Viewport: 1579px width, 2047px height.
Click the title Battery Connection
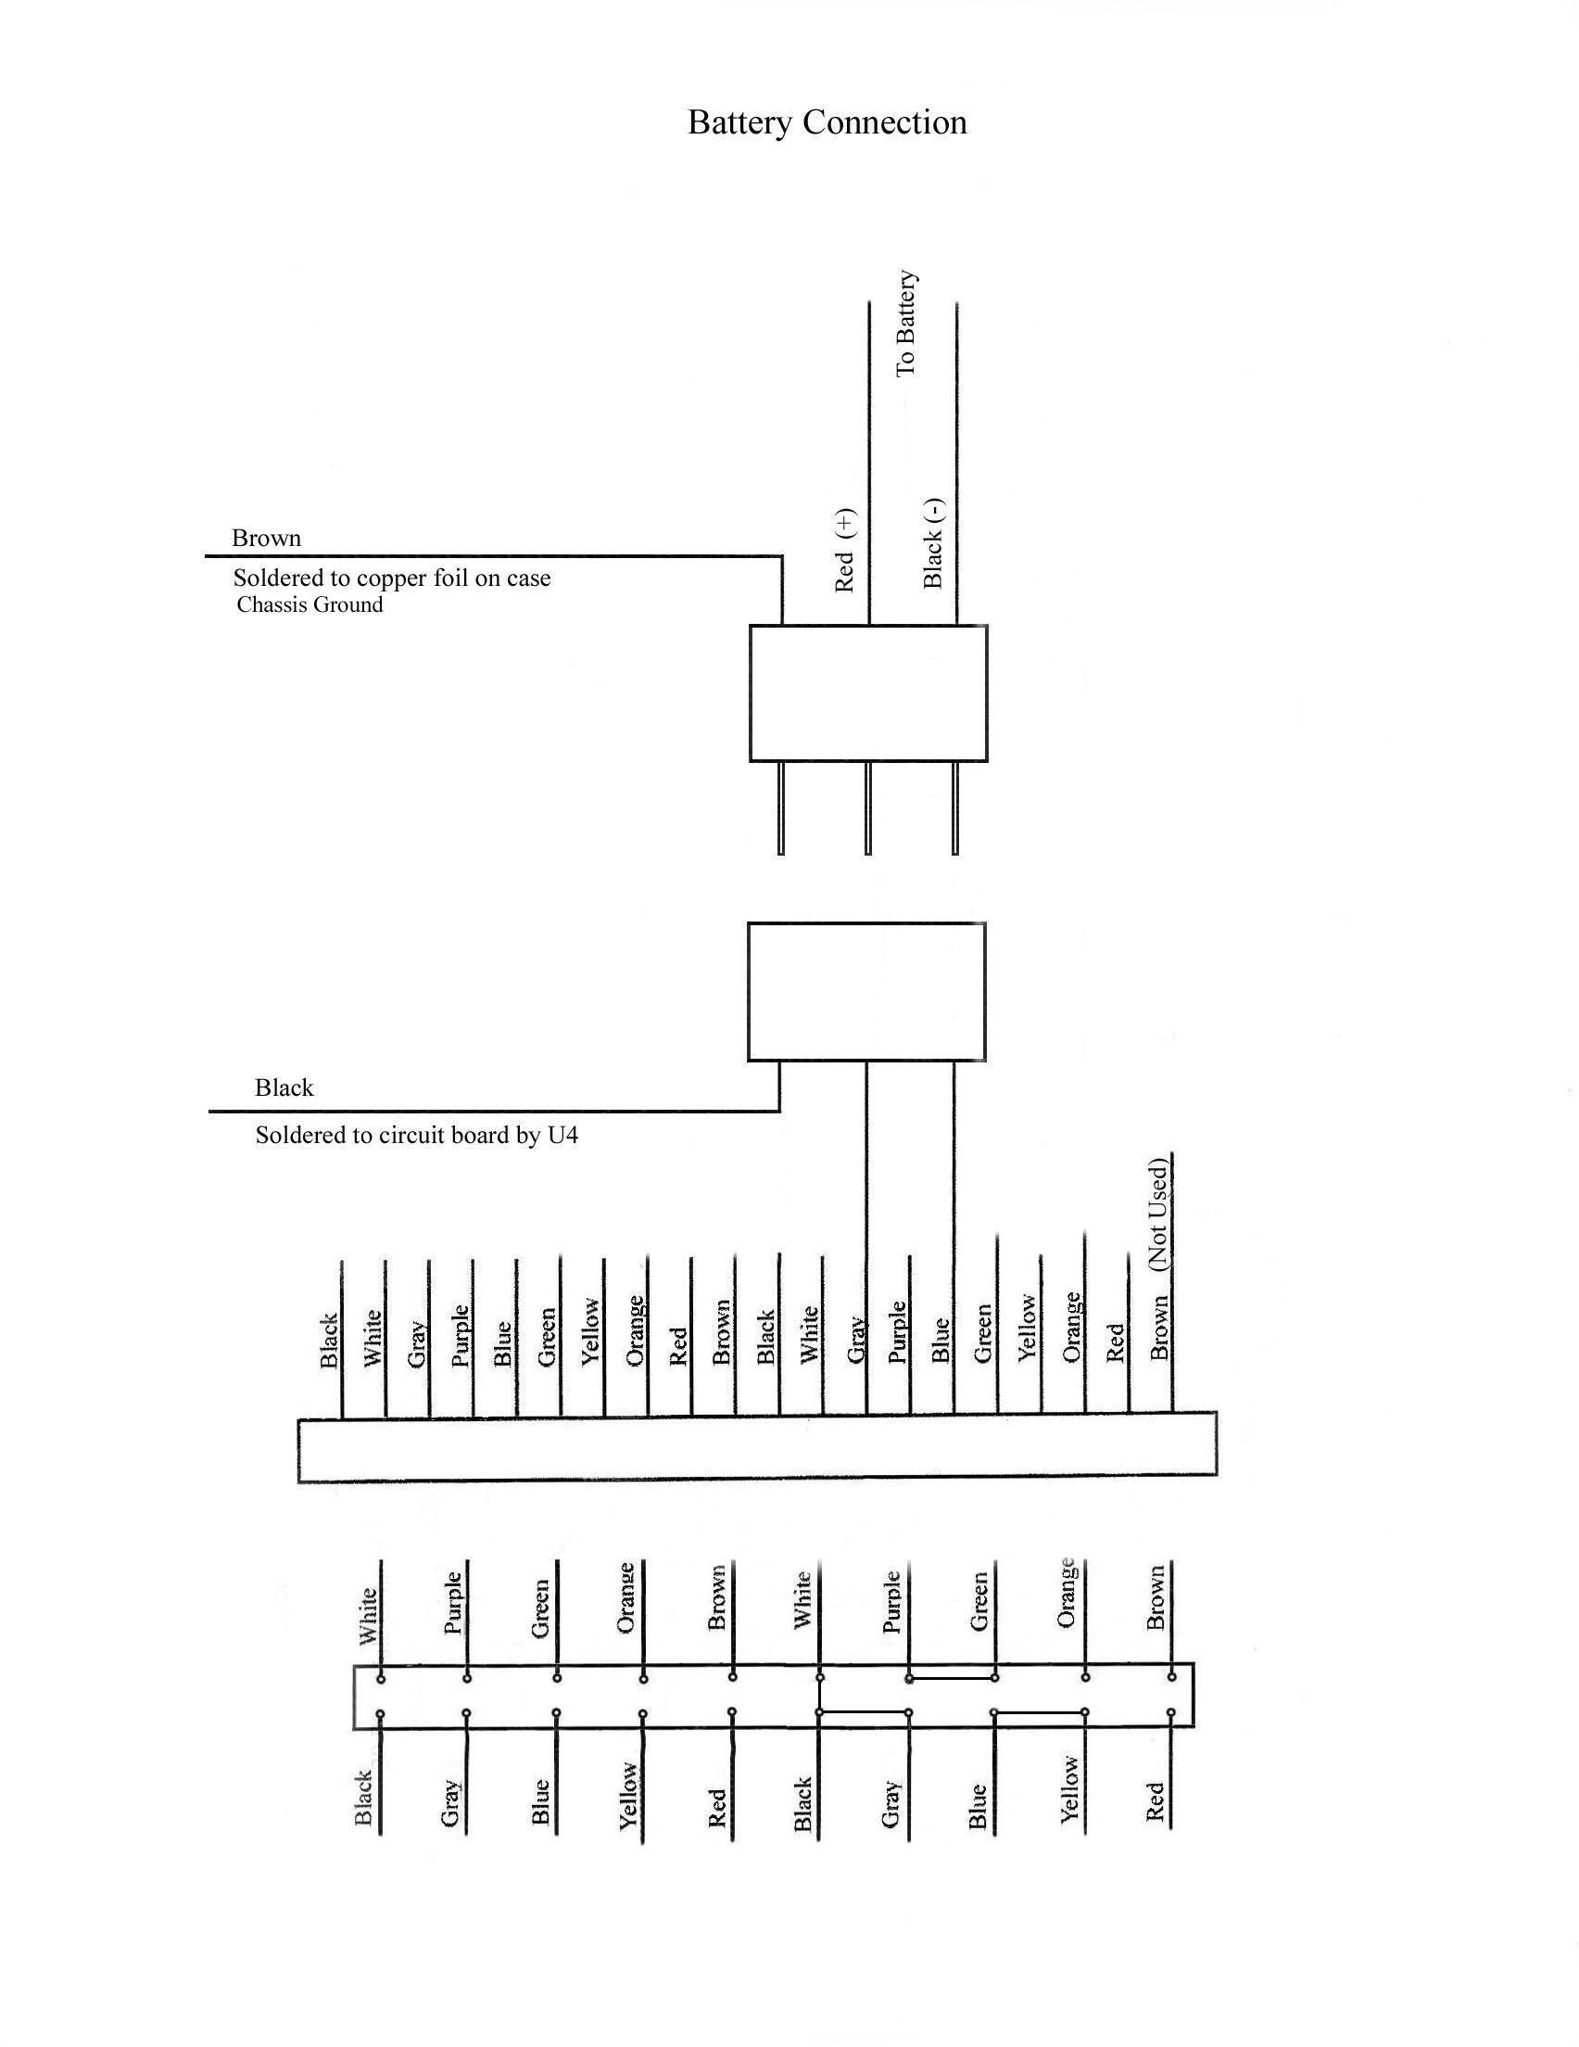click(827, 122)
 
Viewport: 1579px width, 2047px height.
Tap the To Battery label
click(905, 324)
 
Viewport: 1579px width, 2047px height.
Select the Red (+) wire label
click(844, 551)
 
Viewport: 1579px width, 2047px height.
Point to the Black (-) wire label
click(933, 543)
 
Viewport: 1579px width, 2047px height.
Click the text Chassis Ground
click(309, 604)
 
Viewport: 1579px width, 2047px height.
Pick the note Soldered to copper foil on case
click(392, 578)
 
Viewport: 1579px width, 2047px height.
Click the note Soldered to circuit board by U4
click(417, 1136)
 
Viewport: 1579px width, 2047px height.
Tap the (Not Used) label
click(1158, 1215)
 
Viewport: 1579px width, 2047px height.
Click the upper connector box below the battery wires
click(868, 693)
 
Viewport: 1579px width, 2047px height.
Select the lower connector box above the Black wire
click(866, 992)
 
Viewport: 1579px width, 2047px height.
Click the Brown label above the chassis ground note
click(266, 538)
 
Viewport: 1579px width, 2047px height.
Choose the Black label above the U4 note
click(284, 1088)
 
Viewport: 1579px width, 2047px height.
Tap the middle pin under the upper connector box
click(867, 807)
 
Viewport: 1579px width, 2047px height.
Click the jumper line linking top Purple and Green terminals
click(951, 1679)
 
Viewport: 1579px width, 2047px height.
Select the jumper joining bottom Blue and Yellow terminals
click(1041, 1712)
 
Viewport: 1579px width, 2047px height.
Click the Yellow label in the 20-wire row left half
click(590, 1331)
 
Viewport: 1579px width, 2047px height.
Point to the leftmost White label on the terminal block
click(368, 1616)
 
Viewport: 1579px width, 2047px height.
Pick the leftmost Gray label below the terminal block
click(450, 1802)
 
